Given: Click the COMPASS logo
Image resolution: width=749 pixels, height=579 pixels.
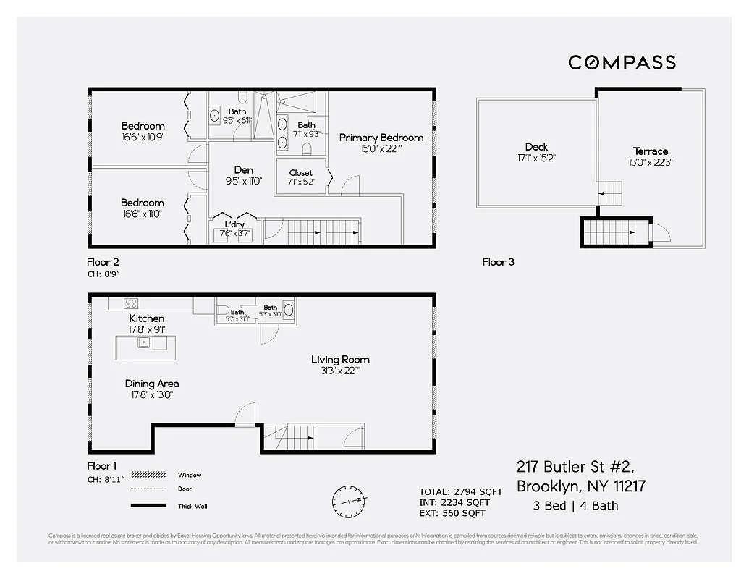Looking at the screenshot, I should pos(622,62).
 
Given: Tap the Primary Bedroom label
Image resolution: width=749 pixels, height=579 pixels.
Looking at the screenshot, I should pos(381,138).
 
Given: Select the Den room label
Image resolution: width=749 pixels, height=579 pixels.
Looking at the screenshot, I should pos(244,170).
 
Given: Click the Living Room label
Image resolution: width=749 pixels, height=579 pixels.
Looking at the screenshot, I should pos(340,360).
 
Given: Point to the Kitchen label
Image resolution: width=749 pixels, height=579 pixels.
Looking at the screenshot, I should pos(147,318).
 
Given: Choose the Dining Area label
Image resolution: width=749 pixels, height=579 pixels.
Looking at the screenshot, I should pos(152,384).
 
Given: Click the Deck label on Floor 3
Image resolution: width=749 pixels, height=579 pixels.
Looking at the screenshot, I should pos(537,147).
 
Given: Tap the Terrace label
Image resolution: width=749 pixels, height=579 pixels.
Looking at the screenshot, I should pos(651,151).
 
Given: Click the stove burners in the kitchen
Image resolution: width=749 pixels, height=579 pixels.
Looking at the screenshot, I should pos(131,303).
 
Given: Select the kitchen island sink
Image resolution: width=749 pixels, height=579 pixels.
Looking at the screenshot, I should pos(143,342).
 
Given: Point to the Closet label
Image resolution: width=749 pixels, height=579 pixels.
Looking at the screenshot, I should pos(300,173).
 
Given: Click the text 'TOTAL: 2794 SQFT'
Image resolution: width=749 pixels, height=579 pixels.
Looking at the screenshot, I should pos(460,492).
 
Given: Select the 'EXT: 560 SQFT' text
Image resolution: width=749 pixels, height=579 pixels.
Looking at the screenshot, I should pos(452,513).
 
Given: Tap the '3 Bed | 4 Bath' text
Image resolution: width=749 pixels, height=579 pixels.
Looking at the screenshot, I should pos(577,506).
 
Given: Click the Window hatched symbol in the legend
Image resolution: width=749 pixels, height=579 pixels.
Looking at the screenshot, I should pos(148,476).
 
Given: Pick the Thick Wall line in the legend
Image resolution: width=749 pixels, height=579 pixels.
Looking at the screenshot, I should pos(148,505).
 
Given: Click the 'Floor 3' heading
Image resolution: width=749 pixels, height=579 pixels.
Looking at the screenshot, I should pos(499,262).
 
